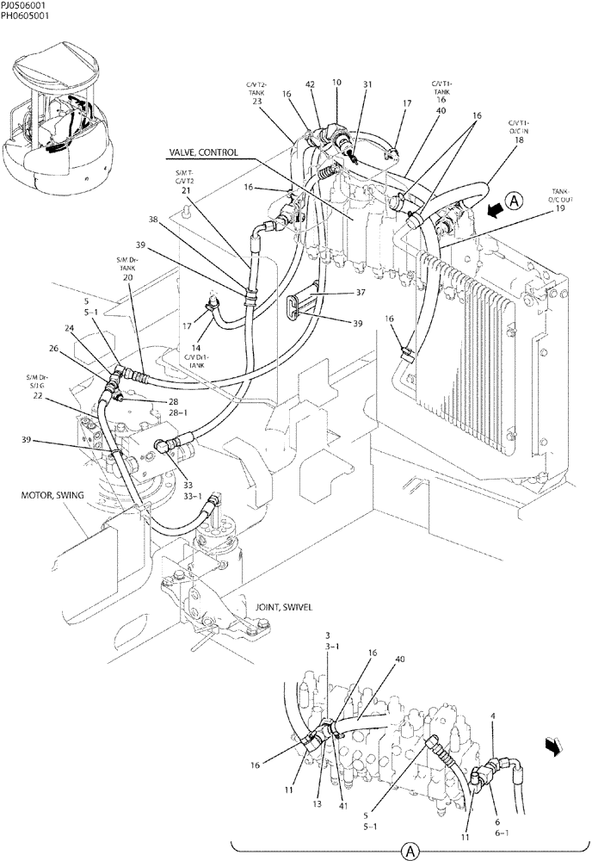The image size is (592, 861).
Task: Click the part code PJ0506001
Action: [24, 5]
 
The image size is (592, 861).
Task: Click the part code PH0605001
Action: [25, 15]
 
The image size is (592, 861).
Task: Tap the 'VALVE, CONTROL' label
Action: [203, 152]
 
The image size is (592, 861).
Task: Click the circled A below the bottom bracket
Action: [411, 851]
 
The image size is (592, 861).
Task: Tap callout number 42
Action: [310, 84]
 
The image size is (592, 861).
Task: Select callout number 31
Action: [367, 84]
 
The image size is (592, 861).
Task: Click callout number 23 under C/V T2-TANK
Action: [256, 102]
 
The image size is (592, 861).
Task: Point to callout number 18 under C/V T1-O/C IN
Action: [519, 139]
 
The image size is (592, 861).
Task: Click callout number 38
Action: [177, 219]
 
